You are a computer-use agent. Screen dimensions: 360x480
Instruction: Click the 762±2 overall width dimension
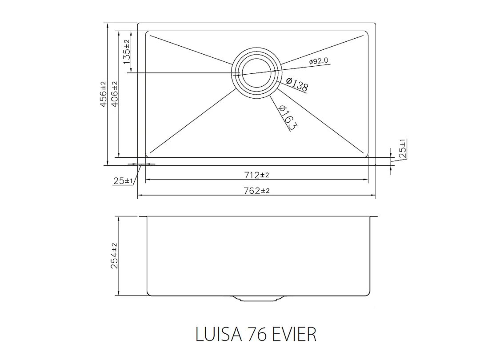click(x=256, y=191)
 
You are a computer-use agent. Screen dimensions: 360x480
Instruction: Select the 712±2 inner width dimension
click(x=256, y=175)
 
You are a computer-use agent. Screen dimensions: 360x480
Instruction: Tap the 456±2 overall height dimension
click(x=103, y=94)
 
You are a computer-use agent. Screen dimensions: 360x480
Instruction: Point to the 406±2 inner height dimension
click(x=114, y=94)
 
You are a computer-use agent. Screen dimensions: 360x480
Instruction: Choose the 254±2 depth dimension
click(x=114, y=256)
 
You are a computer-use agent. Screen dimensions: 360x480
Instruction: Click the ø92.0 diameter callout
click(x=318, y=61)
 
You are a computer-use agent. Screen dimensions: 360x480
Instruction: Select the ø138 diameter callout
click(x=297, y=84)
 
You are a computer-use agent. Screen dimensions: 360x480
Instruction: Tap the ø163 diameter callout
click(x=287, y=117)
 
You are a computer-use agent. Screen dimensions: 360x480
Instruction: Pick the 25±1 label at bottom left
click(x=123, y=181)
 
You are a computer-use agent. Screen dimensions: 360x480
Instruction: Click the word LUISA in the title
click(x=217, y=334)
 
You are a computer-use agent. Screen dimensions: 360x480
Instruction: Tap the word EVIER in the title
click(x=294, y=334)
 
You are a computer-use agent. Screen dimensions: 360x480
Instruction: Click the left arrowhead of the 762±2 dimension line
click(x=140, y=195)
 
